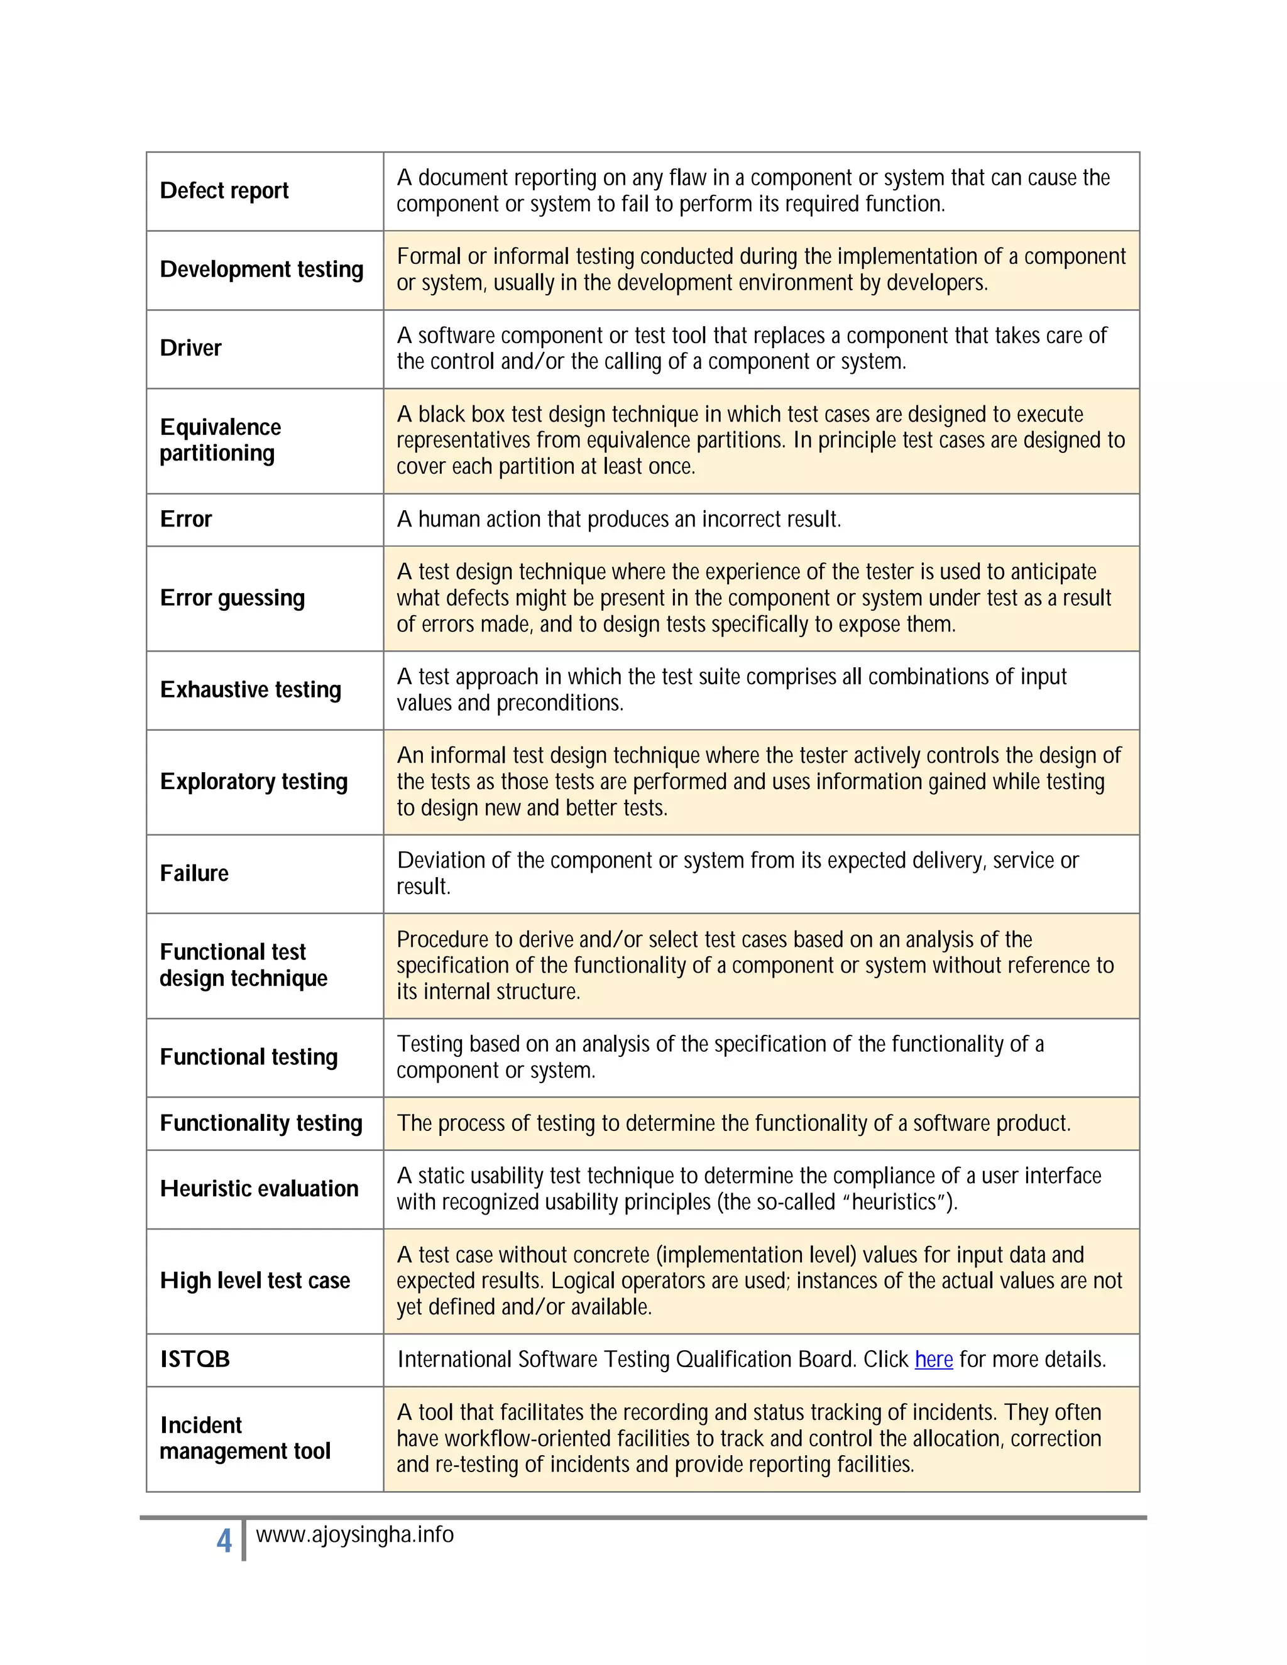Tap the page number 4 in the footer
[224, 1541]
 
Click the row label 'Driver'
[190, 349]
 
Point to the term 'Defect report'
[224, 190]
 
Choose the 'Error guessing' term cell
[233, 598]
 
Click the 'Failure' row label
[194, 874]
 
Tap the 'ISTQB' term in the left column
[195, 1359]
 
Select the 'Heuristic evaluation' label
[260, 1189]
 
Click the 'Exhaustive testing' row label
[251, 690]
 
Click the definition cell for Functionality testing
[733, 1124]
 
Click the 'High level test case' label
[255, 1280]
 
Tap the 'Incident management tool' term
[244, 1439]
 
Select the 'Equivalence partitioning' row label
[221, 440]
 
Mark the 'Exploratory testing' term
[254, 782]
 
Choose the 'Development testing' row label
[261, 270]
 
